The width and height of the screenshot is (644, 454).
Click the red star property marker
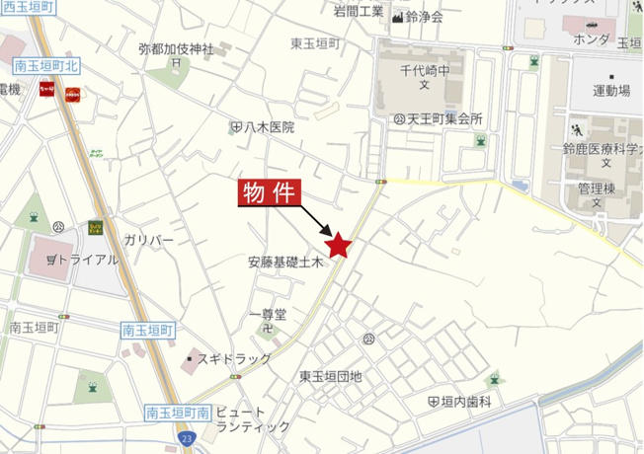point(339,245)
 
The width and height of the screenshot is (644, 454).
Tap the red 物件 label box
point(269,192)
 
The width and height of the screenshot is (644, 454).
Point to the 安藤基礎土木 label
point(286,264)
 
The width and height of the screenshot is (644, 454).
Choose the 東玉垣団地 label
point(331,376)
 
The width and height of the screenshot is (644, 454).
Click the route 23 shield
point(188,435)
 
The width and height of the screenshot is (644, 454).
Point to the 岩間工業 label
point(358,12)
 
